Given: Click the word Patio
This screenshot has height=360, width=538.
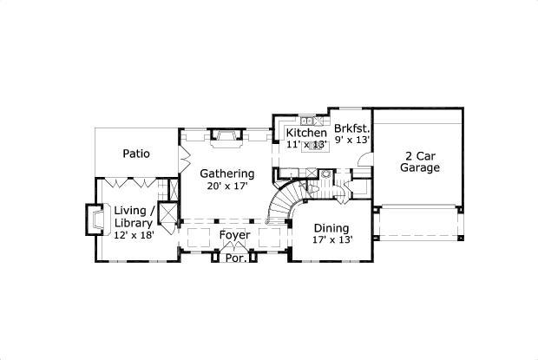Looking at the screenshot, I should point(135,154).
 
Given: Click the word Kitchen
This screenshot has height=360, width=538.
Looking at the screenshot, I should point(306,134).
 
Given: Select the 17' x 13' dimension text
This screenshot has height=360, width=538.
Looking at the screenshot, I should point(332,240).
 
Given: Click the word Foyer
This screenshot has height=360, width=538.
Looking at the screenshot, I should point(234,235).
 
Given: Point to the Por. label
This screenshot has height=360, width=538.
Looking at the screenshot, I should point(234,258).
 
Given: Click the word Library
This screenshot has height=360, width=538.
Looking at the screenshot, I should point(133,224).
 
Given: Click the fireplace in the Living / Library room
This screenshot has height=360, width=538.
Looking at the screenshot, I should point(91,219).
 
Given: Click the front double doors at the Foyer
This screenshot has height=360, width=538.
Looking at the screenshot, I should point(234,249).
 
